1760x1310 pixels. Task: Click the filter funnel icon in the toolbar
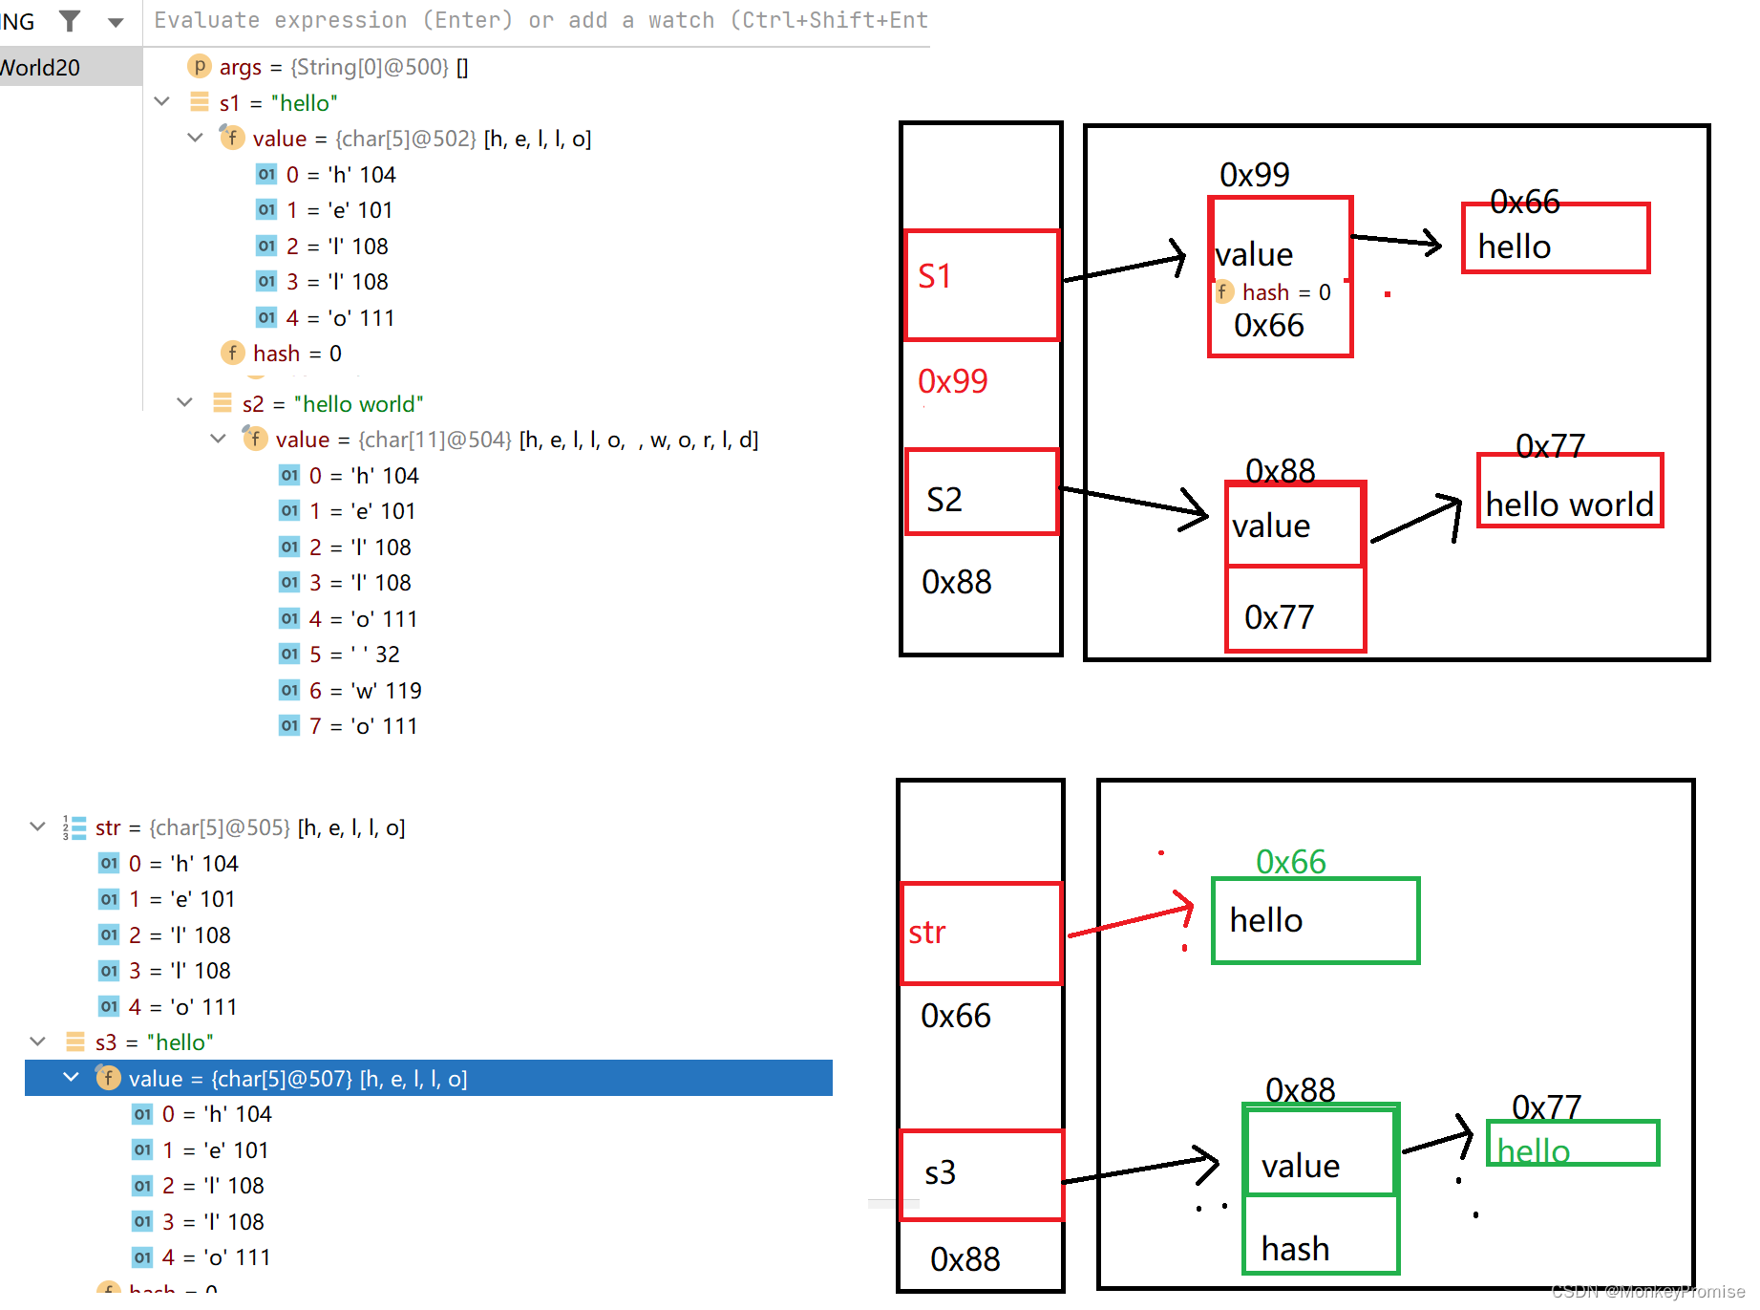pyautogui.click(x=70, y=20)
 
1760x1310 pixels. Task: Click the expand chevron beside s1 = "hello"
pyautogui.click(x=161, y=101)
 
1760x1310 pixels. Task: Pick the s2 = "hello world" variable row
pyautogui.click(x=331, y=403)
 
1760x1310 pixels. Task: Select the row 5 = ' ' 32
pyautogui.click(x=354, y=655)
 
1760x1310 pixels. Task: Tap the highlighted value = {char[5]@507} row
pyautogui.click(x=297, y=1079)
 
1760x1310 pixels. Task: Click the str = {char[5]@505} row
pyautogui.click(x=249, y=827)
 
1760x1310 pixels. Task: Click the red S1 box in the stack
pyautogui.click(x=981, y=285)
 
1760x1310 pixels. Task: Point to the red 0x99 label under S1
pyautogui.click(x=952, y=381)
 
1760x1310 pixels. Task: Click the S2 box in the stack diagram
pyautogui.click(x=981, y=492)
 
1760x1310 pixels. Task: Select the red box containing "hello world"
pyautogui.click(x=1569, y=491)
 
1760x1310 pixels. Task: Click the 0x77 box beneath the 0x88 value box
pyautogui.click(x=1295, y=610)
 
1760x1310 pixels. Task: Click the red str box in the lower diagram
pyautogui.click(x=981, y=933)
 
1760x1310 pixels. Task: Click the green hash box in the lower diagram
pyautogui.click(x=1321, y=1235)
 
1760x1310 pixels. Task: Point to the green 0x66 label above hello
pyautogui.click(x=1290, y=862)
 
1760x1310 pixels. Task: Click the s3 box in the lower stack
pyautogui.click(x=981, y=1174)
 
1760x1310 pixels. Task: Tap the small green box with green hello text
pyautogui.click(x=1572, y=1144)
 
